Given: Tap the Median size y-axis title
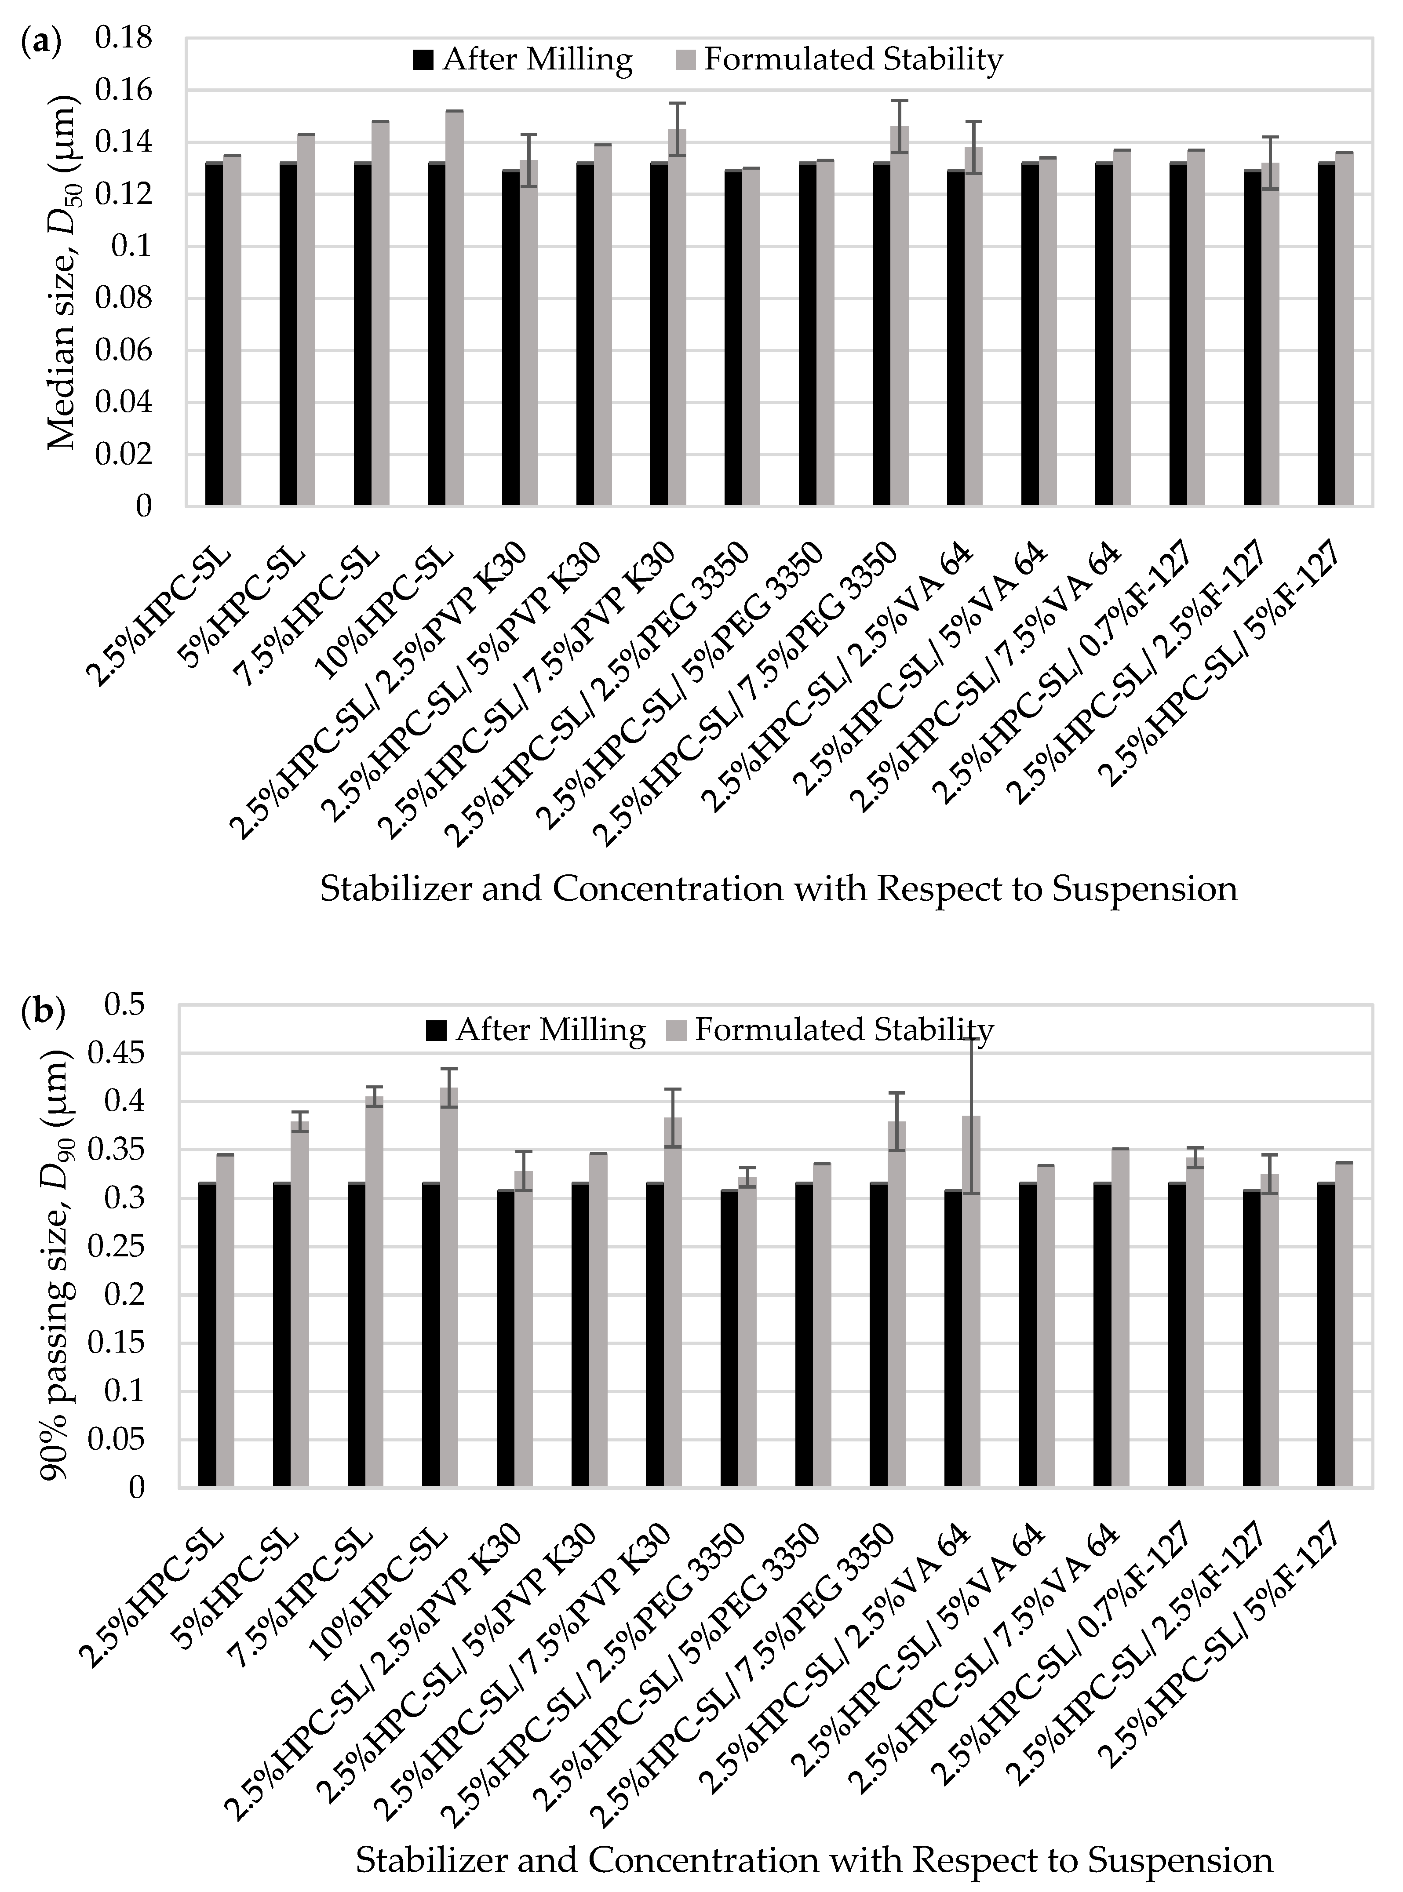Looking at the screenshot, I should [61, 272].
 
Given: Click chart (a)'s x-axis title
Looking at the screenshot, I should [778, 889].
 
